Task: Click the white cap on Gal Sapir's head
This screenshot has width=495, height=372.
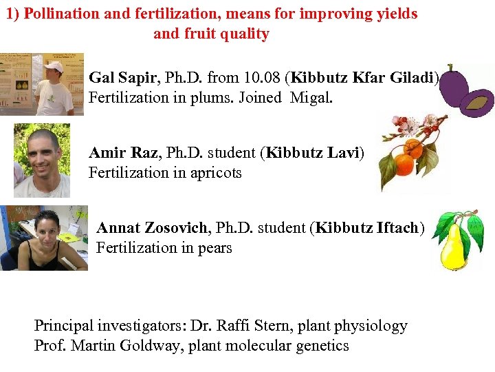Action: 53,67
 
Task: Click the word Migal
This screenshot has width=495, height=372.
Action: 311,97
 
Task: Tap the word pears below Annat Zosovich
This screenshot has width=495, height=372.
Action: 214,247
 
